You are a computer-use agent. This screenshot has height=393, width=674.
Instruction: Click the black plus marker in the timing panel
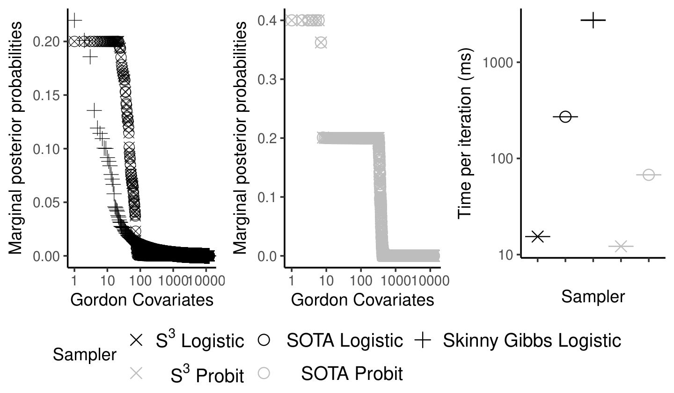[593, 20]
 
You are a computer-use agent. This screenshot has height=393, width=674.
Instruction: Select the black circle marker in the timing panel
[565, 116]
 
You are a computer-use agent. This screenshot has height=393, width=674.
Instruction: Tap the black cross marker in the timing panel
[538, 237]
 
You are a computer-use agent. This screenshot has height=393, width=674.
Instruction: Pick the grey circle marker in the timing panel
[648, 175]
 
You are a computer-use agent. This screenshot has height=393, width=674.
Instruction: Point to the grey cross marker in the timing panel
[621, 246]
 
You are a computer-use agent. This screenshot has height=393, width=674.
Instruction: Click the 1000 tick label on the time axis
[498, 63]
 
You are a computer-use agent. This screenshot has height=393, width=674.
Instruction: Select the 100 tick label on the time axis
[502, 159]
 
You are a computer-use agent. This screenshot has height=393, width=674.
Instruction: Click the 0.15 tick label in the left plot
[46, 95]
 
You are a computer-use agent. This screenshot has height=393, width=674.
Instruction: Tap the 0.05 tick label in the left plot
[46, 203]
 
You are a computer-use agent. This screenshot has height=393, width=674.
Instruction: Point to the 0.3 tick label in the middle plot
[267, 80]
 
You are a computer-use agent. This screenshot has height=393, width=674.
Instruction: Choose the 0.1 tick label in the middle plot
[267, 197]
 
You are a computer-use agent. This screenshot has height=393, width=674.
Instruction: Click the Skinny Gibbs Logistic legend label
[532, 341]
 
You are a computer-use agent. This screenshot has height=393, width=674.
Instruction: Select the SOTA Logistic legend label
[344, 341]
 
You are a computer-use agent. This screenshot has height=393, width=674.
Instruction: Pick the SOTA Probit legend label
[352, 374]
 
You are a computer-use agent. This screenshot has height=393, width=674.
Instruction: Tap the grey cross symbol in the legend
[136, 373]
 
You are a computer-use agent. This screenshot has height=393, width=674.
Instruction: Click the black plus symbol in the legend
[423, 341]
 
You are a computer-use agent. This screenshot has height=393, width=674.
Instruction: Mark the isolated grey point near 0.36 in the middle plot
[321, 43]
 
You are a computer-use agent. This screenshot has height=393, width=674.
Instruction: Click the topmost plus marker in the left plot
[74, 20]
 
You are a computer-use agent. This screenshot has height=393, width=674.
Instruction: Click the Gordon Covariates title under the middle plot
[363, 300]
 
